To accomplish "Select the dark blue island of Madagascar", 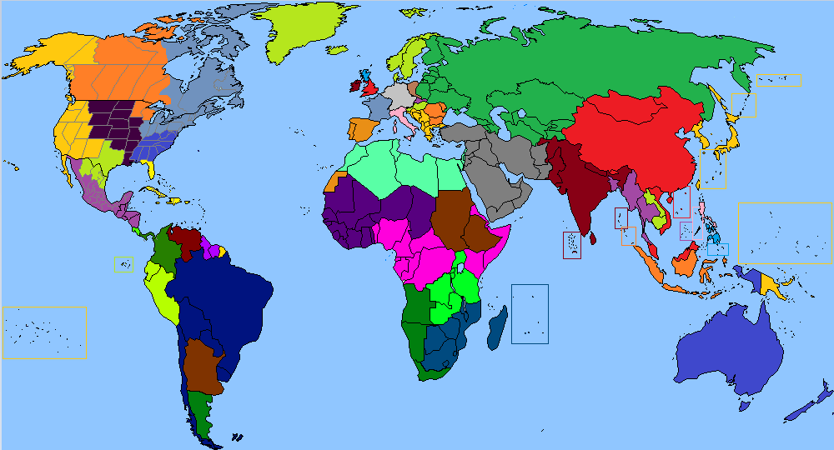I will click(x=498, y=325).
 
